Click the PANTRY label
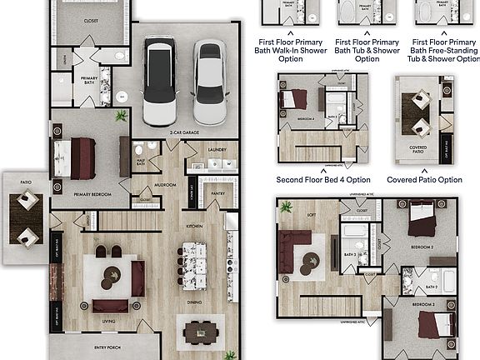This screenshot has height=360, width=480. pyautogui.click(x=218, y=192)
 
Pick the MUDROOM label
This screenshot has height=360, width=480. pyautogui.click(x=165, y=185)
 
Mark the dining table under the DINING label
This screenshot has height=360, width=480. pyautogui.click(x=200, y=331)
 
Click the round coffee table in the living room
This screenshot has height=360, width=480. pyautogui.click(x=112, y=274)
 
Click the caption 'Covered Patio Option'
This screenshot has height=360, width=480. pyautogui.click(x=424, y=179)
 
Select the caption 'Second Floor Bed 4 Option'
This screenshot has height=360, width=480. pyautogui.click(x=323, y=179)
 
